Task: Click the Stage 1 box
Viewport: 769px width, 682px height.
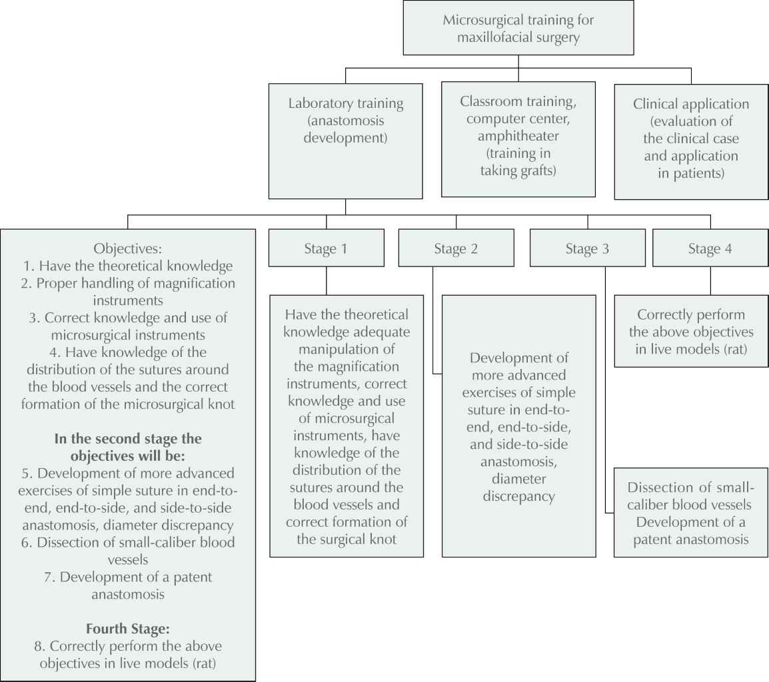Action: click(x=326, y=249)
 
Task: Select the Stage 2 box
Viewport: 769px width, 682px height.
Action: click(x=456, y=249)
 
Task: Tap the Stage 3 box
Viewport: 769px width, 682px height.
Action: click(x=587, y=249)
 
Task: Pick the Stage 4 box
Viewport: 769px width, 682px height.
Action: click(x=710, y=249)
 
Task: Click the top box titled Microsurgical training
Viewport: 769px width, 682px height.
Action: click(x=518, y=29)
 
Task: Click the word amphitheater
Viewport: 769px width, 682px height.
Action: click(x=518, y=136)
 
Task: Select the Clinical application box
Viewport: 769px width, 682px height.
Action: click(x=691, y=141)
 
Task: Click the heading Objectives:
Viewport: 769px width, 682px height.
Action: click(x=127, y=249)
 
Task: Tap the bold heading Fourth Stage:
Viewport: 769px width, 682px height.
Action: click(x=127, y=628)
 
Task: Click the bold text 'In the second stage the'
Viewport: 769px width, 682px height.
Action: click(x=127, y=440)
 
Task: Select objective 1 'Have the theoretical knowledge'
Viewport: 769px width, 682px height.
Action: click(x=127, y=266)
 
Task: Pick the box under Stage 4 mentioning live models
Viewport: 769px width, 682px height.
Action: click(x=691, y=331)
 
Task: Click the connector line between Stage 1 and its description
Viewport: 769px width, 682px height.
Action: click(x=326, y=281)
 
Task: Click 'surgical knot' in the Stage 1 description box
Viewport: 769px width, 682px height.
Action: click(x=347, y=539)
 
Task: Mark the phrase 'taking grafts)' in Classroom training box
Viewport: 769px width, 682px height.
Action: click(x=518, y=170)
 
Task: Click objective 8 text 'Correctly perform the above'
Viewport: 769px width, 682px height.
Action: click(x=127, y=646)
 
